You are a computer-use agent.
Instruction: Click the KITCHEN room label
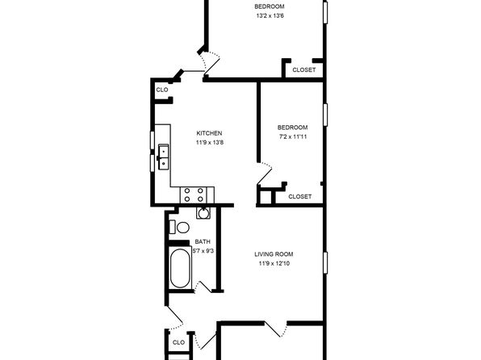[x=209, y=133]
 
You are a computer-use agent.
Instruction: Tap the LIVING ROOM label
[x=274, y=254]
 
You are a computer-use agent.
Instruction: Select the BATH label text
[x=203, y=242]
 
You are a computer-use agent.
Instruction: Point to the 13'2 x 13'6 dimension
[x=270, y=15]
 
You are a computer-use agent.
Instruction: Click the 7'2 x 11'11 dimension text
[x=293, y=136]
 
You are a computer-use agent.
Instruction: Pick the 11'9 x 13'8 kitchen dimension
[x=210, y=142]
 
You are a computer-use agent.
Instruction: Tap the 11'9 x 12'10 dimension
[x=274, y=263]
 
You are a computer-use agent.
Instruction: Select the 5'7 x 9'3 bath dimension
[x=203, y=251]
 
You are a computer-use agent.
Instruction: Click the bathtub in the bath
[x=180, y=268]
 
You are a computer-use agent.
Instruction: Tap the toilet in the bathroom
[x=179, y=228]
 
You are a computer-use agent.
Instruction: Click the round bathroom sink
[x=203, y=213]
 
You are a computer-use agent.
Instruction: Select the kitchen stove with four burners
[x=193, y=195]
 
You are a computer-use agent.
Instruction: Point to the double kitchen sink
[x=163, y=157]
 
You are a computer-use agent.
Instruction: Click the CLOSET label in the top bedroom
[x=304, y=70]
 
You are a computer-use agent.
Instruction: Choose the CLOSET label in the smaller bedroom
[x=300, y=196]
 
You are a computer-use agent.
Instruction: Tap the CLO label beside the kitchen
[x=162, y=90]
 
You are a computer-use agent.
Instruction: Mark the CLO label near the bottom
[x=178, y=342]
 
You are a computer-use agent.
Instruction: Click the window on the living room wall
[x=325, y=262]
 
